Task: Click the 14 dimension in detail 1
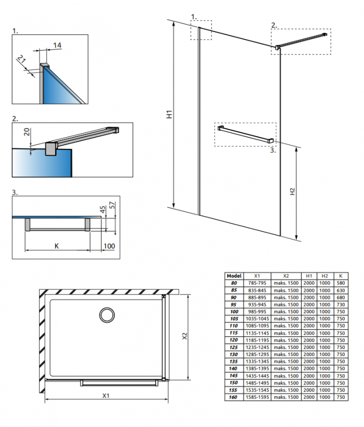point(57,45)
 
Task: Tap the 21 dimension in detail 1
point(21,59)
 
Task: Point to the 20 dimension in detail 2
point(27,132)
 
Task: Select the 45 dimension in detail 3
point(103,209)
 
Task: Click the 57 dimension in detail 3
point(112,205)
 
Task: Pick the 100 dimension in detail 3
point(109,246)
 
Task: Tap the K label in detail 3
point(57,246)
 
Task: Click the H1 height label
point(169,114)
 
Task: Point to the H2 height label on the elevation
point(292,192)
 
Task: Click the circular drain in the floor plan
point(107,315)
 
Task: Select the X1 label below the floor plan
point(106,396)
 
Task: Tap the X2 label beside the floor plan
point(185,336)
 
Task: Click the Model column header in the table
point(234,276)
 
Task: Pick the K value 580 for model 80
point(340,283)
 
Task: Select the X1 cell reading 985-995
point(257,312)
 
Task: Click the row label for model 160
point(233,397)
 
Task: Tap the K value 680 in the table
point(340,297)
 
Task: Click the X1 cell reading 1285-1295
point(257,354)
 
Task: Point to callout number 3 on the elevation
point(273,150)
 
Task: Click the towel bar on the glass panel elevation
point(245,134)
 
